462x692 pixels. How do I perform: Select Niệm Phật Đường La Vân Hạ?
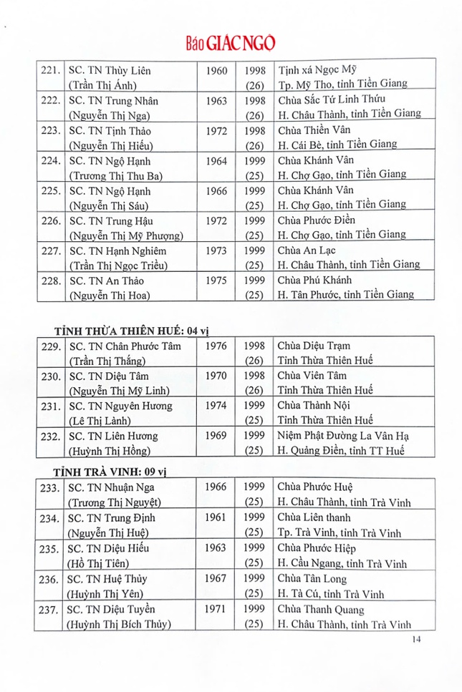click(343, 436)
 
